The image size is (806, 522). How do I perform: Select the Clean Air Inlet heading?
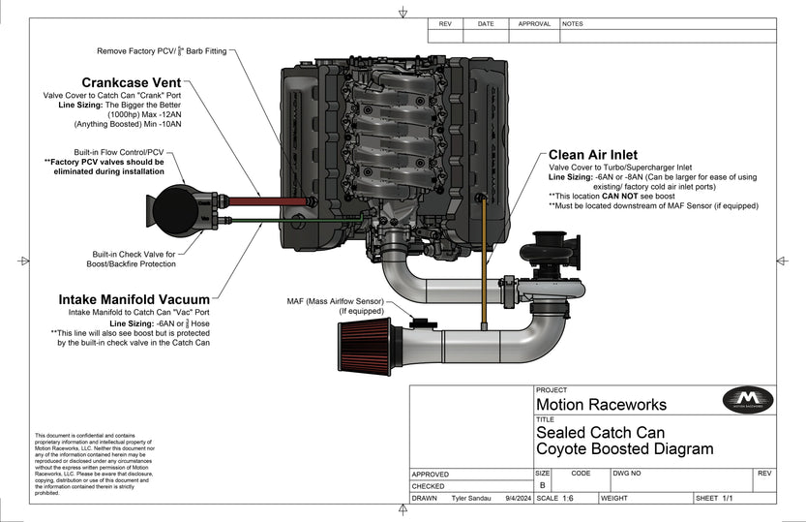click(592, 154)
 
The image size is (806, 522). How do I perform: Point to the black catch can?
click(174, 205)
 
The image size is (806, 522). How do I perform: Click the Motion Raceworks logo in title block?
click(748, 400)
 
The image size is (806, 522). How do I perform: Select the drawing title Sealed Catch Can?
click(600, 433)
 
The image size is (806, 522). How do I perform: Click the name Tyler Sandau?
click(472, 499)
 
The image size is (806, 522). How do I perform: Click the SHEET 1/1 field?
click(715, 499)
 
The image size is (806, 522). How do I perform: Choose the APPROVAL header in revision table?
click(533, 23)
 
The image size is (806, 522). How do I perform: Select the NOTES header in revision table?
click(572, 23)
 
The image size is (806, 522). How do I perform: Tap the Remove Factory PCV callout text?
click(161, 50)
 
